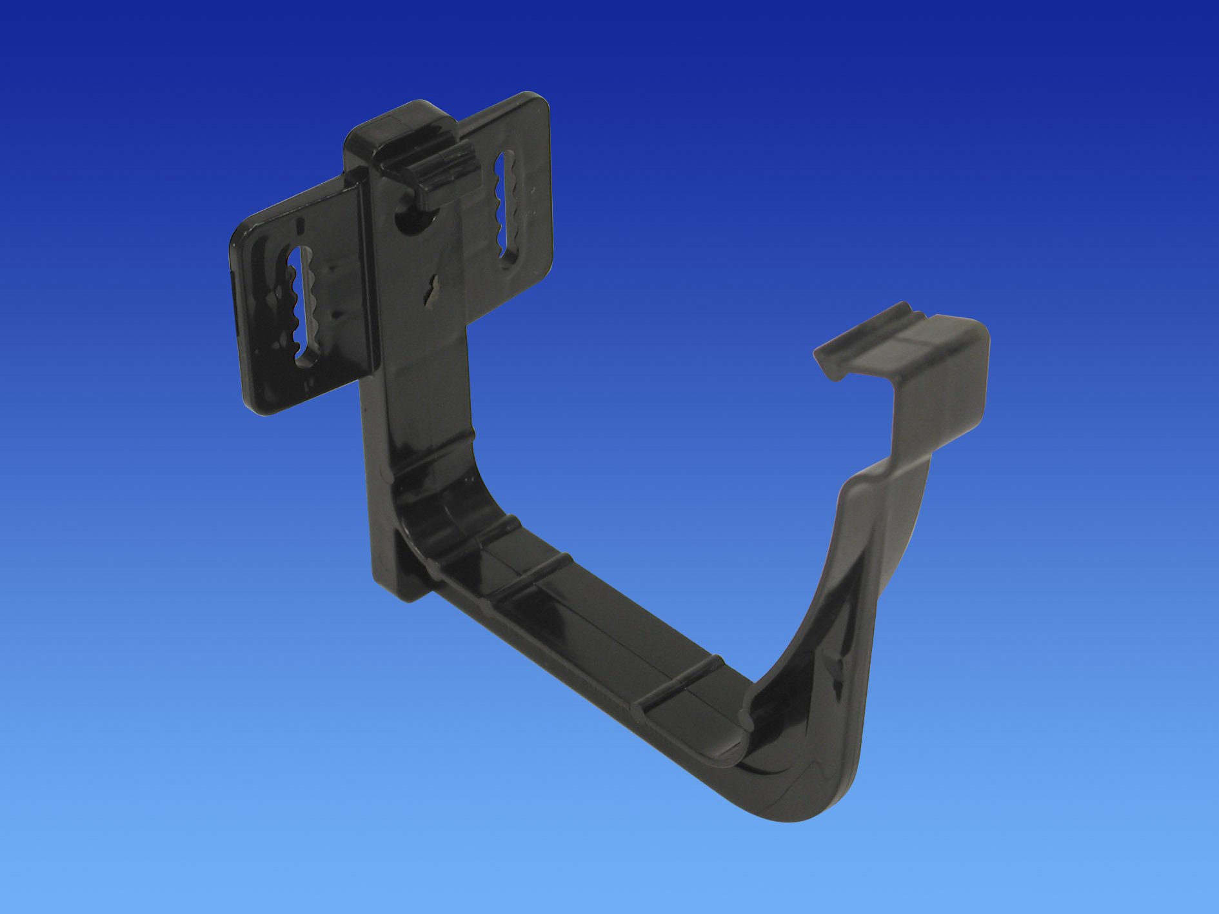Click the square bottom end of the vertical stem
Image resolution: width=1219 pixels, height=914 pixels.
click(x=397, y=590)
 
